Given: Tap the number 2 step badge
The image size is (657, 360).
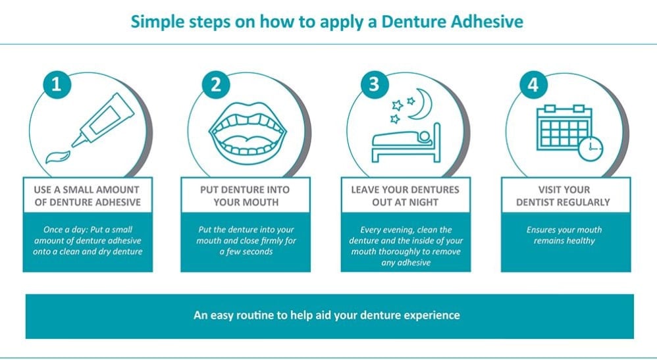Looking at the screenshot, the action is pyautogui.click(x=216, y=85).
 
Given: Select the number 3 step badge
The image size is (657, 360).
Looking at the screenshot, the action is pyautogui.click(x=374, y=85).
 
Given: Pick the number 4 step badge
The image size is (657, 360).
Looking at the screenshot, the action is pyautogui.click(x=533, y=85).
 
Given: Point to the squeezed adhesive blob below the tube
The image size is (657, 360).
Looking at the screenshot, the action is pyautogui.click(x=58, y=157).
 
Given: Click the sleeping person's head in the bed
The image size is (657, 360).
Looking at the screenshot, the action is pyautogui.click(x=425, y=137).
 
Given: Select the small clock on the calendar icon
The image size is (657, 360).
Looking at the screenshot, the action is pyautogui.click(x=591, y=148).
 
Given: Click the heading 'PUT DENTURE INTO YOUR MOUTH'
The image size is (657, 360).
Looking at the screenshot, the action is pyautogui.click(x=246, y=195).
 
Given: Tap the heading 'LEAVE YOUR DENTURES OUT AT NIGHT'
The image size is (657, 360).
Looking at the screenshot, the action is pyautogui.click(x=405, y=195).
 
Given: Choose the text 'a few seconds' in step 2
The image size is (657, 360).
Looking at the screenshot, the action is pyautogui.click(x=246, y=252).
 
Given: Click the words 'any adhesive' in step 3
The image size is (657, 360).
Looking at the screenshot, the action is pyautogui.click(x=406, y=263).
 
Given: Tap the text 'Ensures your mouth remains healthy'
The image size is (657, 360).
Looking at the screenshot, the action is pyautogui.click(x=564, y=235).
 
